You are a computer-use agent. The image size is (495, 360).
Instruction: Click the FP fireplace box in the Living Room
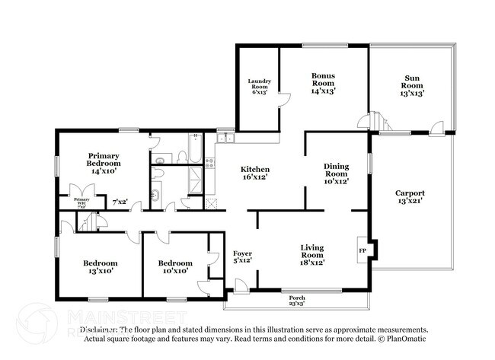point(362,250)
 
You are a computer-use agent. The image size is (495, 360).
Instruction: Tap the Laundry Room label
point(259,86)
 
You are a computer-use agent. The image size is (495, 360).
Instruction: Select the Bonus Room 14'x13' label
point(323,83)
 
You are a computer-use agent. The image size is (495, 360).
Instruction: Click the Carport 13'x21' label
point(410,198)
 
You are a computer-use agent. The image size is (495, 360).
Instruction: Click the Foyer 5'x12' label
point(242,257)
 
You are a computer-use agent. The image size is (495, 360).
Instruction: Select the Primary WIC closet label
point(81,202)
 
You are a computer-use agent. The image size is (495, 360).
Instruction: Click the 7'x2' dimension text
point(120,202)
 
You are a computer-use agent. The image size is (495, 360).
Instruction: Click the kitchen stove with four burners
point(211,203)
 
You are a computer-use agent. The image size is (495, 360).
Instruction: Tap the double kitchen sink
point(226,139)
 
